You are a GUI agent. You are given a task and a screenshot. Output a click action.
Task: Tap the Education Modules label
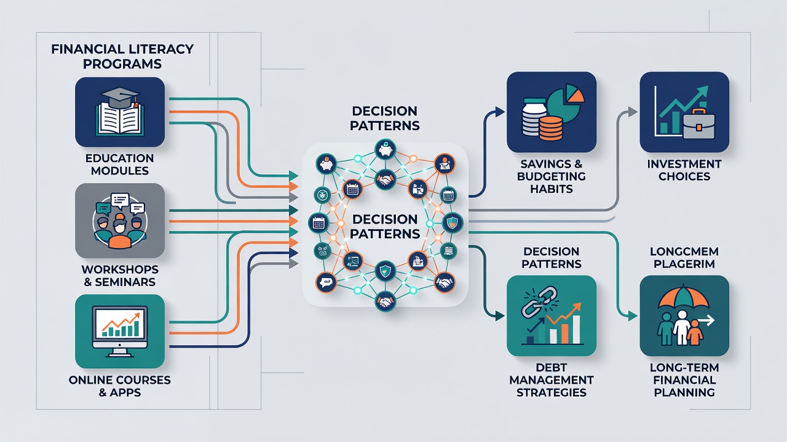pos(120,165)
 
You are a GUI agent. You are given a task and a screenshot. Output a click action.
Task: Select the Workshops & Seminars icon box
pos(120,220)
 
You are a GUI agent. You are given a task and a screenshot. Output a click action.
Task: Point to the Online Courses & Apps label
pos(120,386)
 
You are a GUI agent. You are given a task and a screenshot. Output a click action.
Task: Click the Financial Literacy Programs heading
pos(122,56)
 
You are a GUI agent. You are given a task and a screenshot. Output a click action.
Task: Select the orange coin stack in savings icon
pos(550,128)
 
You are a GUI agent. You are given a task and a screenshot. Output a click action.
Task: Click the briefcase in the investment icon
pos(699,124)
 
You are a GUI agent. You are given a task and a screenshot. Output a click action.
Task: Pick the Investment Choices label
pos(684,170)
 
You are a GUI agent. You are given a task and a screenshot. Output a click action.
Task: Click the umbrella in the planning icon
pos(683,298)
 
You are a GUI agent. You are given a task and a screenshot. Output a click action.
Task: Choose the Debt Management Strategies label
pos(552,380)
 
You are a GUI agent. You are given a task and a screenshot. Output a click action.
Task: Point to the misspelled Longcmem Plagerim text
pos(684,257)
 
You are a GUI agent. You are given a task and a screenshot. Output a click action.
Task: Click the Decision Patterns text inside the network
pos(385,227)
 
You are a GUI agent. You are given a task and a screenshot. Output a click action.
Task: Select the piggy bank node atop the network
pos(386,150)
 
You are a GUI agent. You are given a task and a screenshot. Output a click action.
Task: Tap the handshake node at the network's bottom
pos(386,301)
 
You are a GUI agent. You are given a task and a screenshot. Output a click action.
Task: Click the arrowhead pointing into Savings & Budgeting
pos(500,112)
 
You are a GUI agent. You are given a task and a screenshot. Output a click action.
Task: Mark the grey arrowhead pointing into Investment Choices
pos(633,112)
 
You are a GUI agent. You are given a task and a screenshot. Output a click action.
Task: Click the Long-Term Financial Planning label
pos(684,380)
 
